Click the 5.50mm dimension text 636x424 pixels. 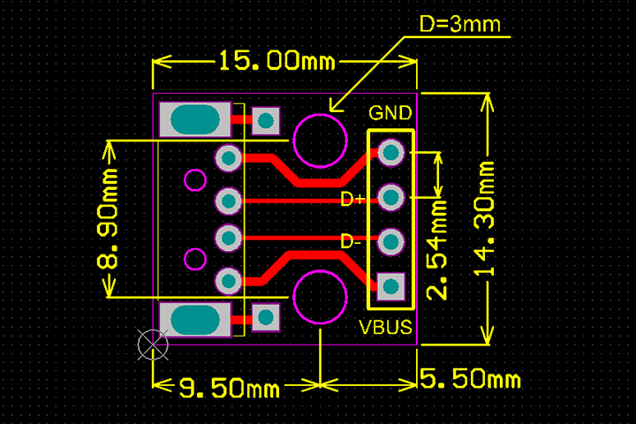pos(470,381)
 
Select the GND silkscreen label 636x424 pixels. pos(390,113)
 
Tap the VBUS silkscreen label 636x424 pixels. pos(386,328)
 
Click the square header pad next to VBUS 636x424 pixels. pos(390,284)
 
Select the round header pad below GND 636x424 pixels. pos(390,153)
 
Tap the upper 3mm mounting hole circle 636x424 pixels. pos(319,140)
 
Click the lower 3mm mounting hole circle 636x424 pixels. pos(319,297)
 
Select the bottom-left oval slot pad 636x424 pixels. pos(195,319)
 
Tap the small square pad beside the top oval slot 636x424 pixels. pos(265,119)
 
